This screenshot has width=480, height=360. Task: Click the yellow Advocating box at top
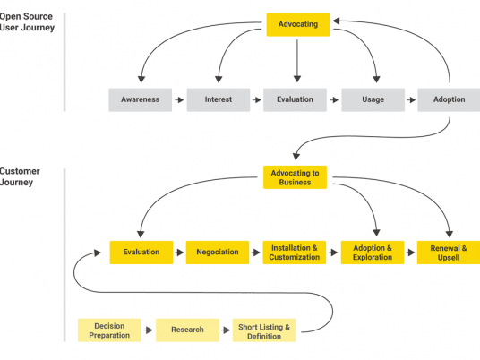point(298,24)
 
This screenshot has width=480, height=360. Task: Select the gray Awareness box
point(141,99)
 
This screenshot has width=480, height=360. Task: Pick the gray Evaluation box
point(295,99)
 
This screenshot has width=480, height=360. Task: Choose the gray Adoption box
point(449,99)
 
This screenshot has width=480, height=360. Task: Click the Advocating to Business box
point(295,176)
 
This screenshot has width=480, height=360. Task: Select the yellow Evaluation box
point(141,253)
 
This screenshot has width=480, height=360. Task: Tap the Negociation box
point(218,253)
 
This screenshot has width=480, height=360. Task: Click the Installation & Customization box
point(295,253)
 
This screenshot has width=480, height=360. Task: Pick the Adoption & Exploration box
point(372,253)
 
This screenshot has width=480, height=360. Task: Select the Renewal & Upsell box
point(449,253)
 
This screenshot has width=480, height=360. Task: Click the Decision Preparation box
point(109,330)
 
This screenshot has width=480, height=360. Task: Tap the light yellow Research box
point(187,330)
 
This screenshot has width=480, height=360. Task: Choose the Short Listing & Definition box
point(263,330)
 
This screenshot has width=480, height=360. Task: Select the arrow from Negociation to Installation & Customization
point(256,253)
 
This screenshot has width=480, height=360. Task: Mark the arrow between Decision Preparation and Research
point(148,330)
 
